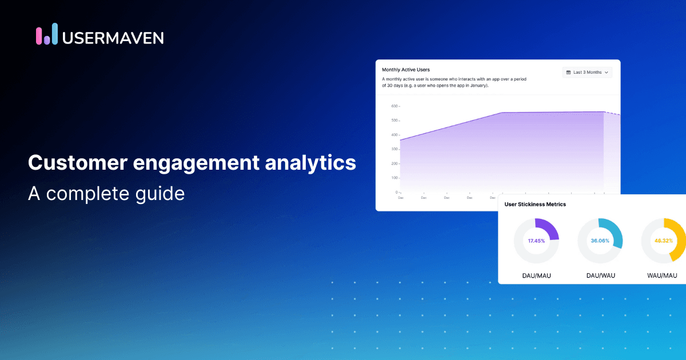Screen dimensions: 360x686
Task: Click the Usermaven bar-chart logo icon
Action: (47, 34)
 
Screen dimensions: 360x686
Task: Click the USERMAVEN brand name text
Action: (113, 37)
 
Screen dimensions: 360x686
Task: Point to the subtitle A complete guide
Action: (106, 194)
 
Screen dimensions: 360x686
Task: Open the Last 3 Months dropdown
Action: (587, 73)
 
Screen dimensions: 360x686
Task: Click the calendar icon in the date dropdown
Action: (568, 73)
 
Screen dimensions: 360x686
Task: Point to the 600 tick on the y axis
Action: (394, 106)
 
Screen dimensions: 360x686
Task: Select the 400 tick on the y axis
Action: (394, 135)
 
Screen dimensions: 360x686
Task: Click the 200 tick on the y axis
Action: (394, 163)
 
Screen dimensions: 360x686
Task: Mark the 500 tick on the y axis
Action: (394, 121)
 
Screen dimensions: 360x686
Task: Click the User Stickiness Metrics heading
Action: (535, 204)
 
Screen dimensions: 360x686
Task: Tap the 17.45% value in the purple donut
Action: (536, 241)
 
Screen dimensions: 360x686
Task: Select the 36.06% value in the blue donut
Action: (600, 241)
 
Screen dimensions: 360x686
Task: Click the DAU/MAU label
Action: (536, 275)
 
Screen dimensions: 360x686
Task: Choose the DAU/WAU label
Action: (600, 275)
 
